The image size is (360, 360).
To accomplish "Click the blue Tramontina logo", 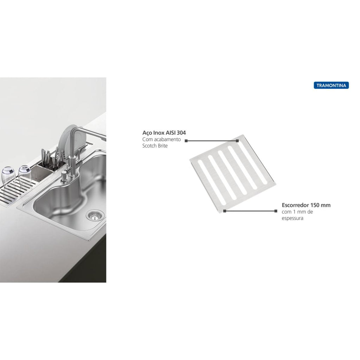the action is (331, 85).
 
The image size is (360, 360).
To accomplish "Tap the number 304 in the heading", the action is (181, 133).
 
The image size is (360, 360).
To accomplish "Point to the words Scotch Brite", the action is (155, 146).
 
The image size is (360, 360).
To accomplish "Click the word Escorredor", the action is (295, 205).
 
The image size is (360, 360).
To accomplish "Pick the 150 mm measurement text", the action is (321, 205).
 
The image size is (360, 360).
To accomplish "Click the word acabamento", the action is (167, 139).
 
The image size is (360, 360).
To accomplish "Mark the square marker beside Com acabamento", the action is (186, 141).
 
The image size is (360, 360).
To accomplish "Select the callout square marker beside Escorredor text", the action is (276, 211).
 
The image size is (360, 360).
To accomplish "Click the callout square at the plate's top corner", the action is (237, 141).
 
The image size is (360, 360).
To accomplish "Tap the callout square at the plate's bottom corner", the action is (225, 211).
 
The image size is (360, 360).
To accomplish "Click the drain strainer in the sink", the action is (95, 216).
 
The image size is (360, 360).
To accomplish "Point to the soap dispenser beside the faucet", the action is (64, 177).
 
